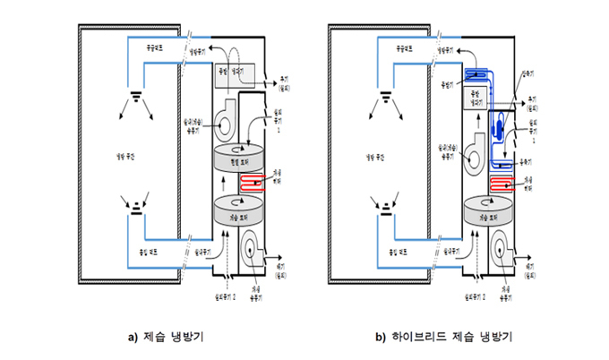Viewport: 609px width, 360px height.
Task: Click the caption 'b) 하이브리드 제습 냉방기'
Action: click(436, 338)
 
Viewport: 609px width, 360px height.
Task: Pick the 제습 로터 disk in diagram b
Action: click(489, 213)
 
